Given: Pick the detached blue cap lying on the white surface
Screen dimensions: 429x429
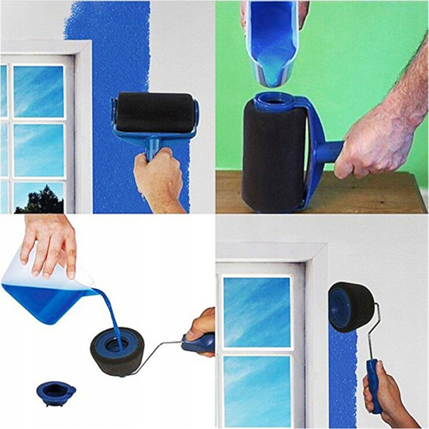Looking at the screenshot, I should tap(56, 391).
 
